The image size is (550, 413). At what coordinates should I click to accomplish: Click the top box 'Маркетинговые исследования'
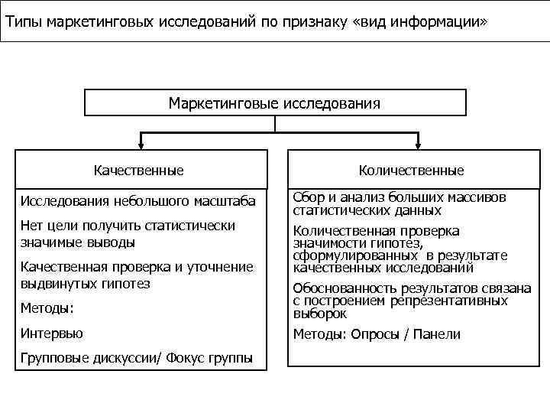click(x=274, y=102)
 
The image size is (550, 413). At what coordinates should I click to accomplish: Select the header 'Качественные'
click(x=138, y=170)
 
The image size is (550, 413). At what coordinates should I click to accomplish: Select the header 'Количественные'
click(x=411, y=170)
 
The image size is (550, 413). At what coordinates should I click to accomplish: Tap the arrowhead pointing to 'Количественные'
click(x=417, y=145)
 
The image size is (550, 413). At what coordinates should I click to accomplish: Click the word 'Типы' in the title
click(x=24, y=20)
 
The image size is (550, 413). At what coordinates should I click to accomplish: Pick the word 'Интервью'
click(x=53, y=333)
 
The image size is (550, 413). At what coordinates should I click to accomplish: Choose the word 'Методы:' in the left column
click(x=47, y=308)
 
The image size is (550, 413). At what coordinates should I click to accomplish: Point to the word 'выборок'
click(x=320, y=314)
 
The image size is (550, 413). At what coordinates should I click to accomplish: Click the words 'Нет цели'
click(x=49, y=226)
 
